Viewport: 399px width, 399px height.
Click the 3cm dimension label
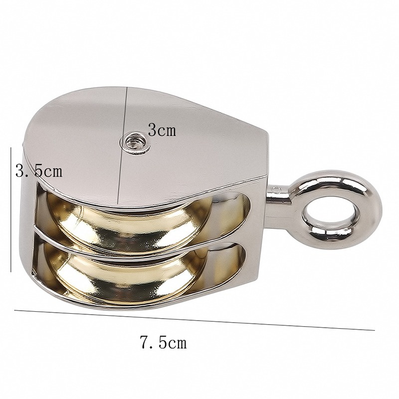pos(162,130)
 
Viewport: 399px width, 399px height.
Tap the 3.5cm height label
pos(39,171)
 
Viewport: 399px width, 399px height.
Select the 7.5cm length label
pos(163,343)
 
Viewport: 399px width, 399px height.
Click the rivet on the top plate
pos(135,143)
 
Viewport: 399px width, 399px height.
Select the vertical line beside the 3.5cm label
pos(11,209)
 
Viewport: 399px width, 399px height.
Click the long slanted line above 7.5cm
pos(195,320)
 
